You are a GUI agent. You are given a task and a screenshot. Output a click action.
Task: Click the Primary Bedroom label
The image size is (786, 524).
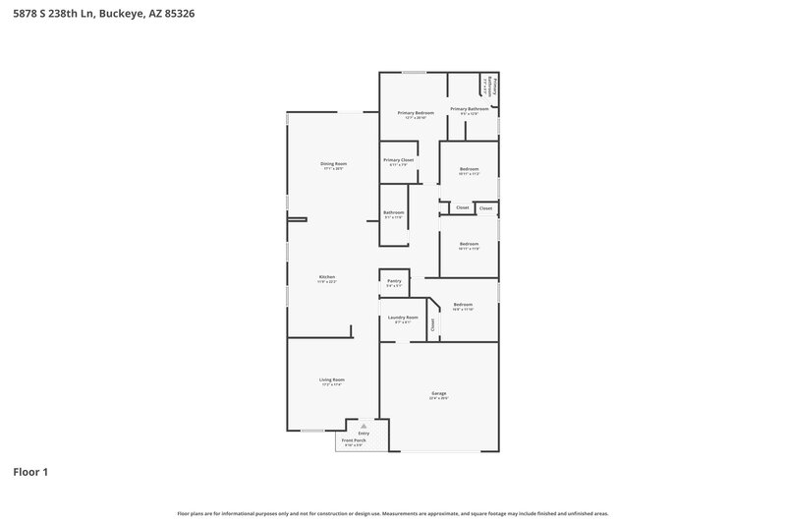416,113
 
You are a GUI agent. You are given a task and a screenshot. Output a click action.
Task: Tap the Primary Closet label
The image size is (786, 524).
398,159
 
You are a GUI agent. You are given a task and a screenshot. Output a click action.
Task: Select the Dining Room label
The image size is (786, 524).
333,163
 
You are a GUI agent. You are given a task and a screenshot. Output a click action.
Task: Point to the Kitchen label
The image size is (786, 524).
327,277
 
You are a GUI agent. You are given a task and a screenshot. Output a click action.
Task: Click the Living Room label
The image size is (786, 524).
331,379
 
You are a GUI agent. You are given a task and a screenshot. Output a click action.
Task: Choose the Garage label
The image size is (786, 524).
438,393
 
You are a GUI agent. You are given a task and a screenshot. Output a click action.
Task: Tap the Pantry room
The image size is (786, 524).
394,283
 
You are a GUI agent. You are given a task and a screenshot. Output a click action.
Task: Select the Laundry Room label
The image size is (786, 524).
403,318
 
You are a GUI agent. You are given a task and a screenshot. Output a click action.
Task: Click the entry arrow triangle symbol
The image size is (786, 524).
364,426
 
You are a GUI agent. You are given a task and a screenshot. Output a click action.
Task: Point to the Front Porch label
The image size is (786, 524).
353,440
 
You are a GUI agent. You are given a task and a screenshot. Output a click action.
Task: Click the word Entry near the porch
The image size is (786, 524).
364,433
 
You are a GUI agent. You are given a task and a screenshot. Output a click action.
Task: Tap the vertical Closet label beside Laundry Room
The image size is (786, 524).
432,322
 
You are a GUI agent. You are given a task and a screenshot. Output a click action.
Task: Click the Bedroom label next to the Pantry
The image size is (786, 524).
463,305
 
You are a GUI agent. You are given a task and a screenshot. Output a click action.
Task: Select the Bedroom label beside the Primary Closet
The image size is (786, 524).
469,169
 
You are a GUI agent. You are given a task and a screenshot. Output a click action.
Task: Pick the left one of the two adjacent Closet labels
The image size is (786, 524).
463,207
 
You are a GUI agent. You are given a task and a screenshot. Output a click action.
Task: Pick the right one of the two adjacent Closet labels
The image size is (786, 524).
485,207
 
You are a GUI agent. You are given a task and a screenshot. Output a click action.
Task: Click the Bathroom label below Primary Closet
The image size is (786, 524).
394,212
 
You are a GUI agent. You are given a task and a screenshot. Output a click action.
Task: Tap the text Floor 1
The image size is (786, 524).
30,472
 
